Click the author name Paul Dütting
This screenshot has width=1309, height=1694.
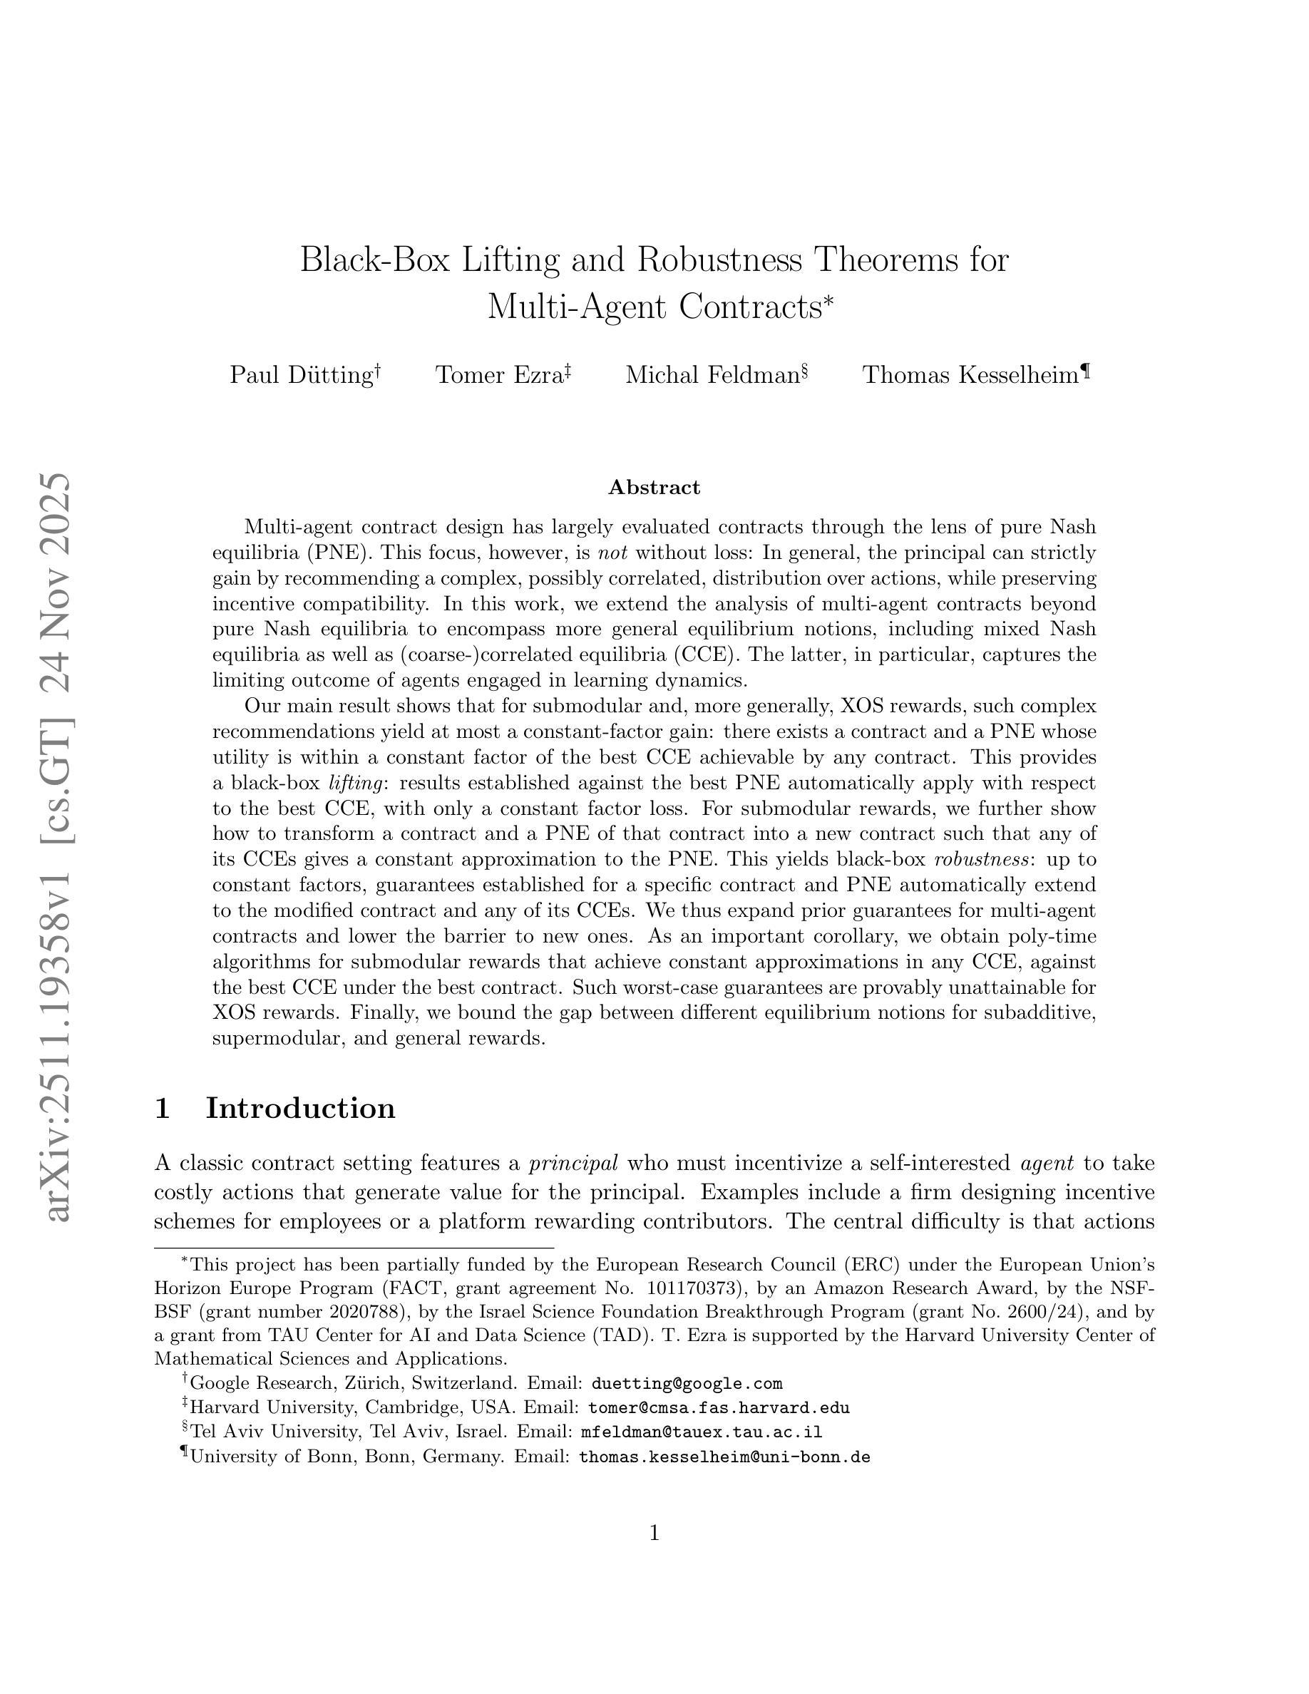click(301, 376)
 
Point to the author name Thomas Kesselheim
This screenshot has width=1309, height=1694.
click(970, 376)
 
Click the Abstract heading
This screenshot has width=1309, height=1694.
click(654, 487)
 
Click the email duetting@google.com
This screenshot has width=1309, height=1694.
click(687, 1384)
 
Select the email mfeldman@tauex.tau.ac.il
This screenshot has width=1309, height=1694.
click(701, 1432)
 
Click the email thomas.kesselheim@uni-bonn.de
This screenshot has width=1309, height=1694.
click(724, 1457)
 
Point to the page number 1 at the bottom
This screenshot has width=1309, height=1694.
click(654, 1533)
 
